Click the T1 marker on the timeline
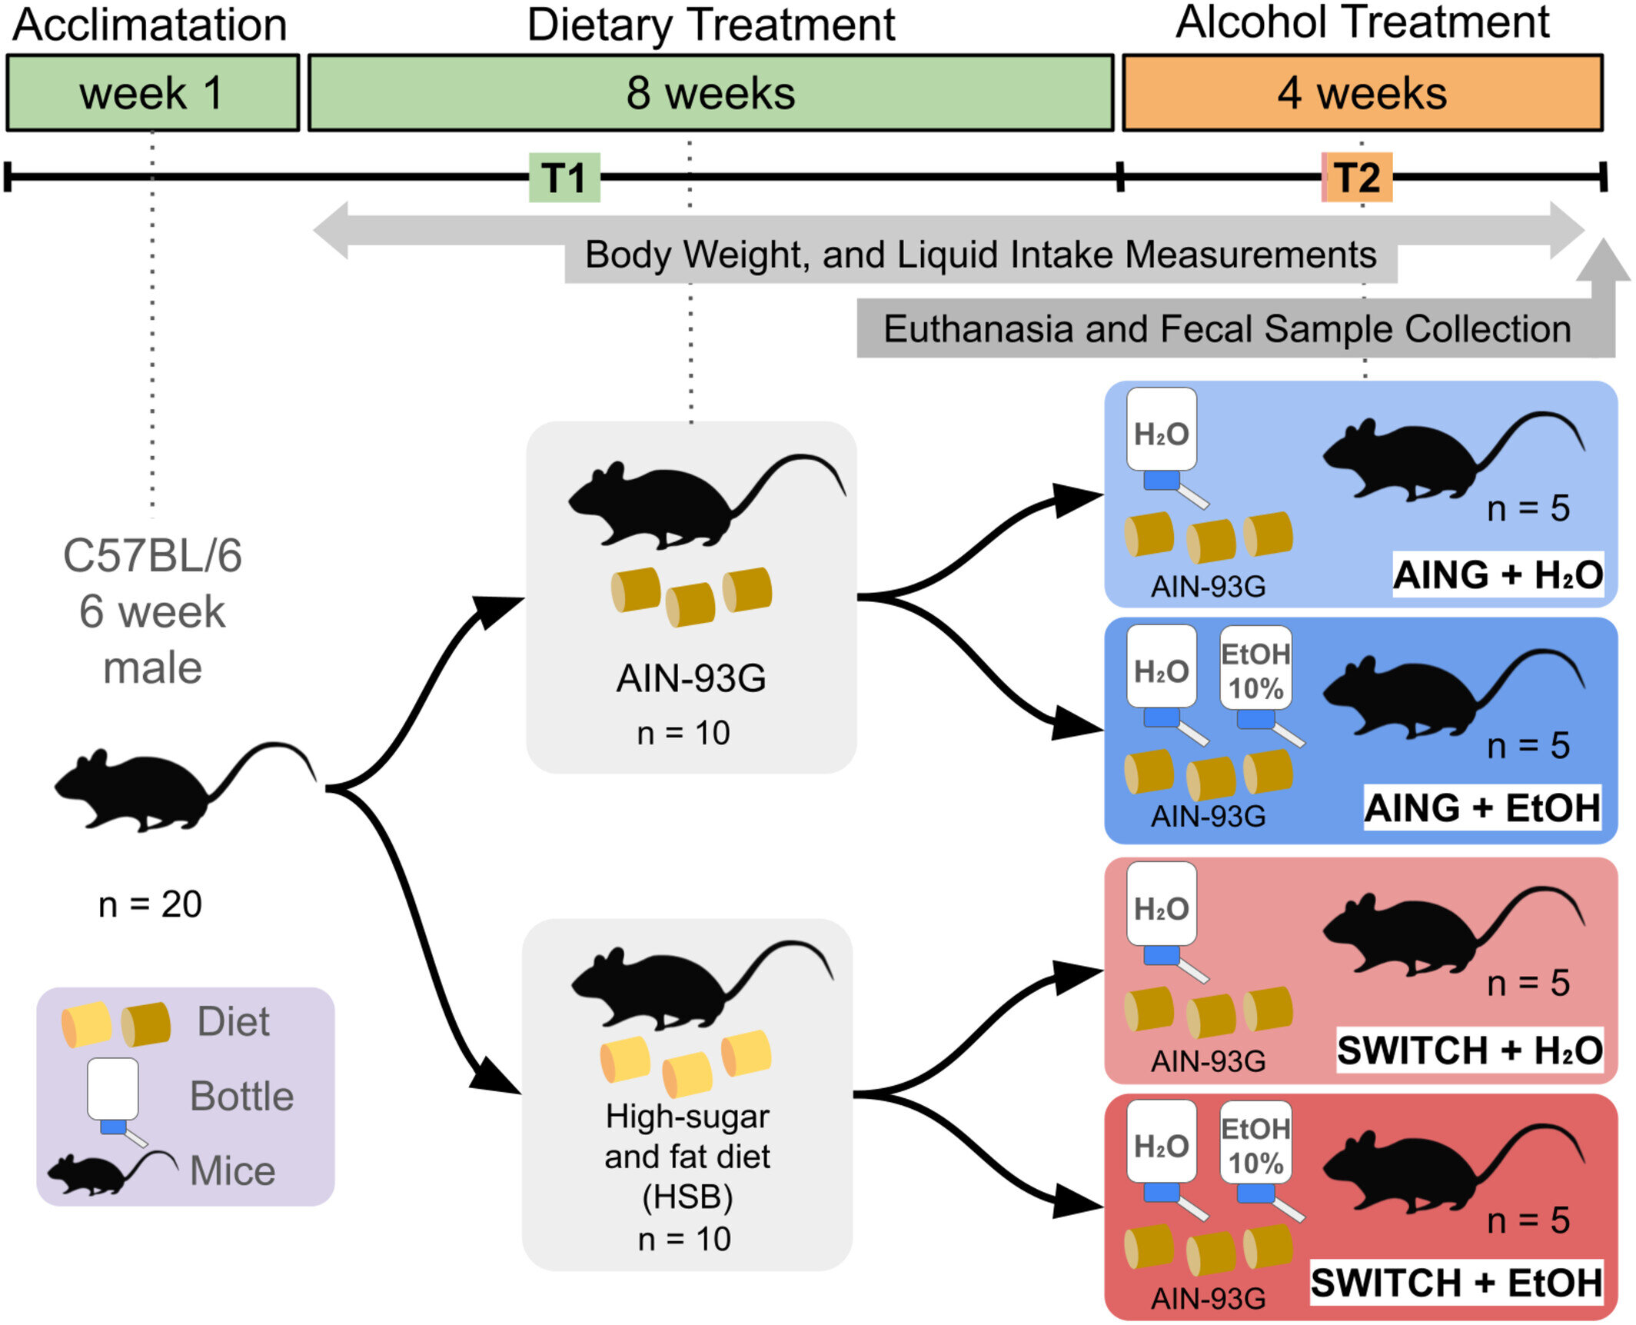click(x=564, y=178)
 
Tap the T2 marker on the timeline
click(x=1358, y=178)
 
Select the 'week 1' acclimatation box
click(x=152, y=93)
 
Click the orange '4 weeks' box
click(x=1362, y=93)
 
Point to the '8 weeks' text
click(x=710, y=94)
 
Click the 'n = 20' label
click(x=150, y=904)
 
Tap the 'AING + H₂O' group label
click(x=1498, y=574)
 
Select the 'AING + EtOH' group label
click(x=1482, y=807)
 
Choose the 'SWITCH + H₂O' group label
click(x=1469, y=1050)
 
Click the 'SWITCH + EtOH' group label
click(x=1456, y=1282)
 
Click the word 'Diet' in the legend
click(x=233, y=1021)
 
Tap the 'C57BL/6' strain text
click(x=152, y=555)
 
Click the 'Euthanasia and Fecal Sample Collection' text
click(x=1226, y=329)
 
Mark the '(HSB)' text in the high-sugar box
click(x=687, y=1197)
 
